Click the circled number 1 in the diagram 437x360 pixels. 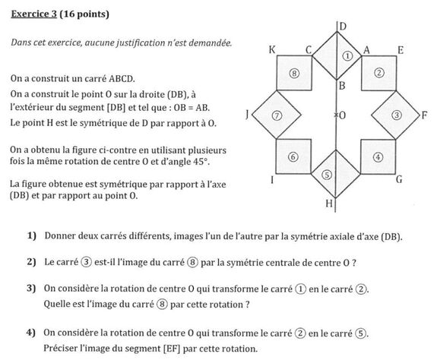[347, 55]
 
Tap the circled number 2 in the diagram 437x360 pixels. [379, 73]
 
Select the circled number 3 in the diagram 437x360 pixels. [397, 115]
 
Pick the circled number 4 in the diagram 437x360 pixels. [379, 156]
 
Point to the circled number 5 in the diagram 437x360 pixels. [327, 174]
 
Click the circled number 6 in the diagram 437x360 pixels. [294, 156]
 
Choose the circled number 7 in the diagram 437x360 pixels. [277, 115]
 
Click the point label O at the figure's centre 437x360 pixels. [342, 115]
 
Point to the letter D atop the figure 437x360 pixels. [343, 27]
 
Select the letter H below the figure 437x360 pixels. [329, 204]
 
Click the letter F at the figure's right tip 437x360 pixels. [424, 115]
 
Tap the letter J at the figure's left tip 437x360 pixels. [247, 115]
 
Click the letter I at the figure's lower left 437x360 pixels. [272, 181]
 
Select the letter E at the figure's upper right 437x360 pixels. [399, 50]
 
